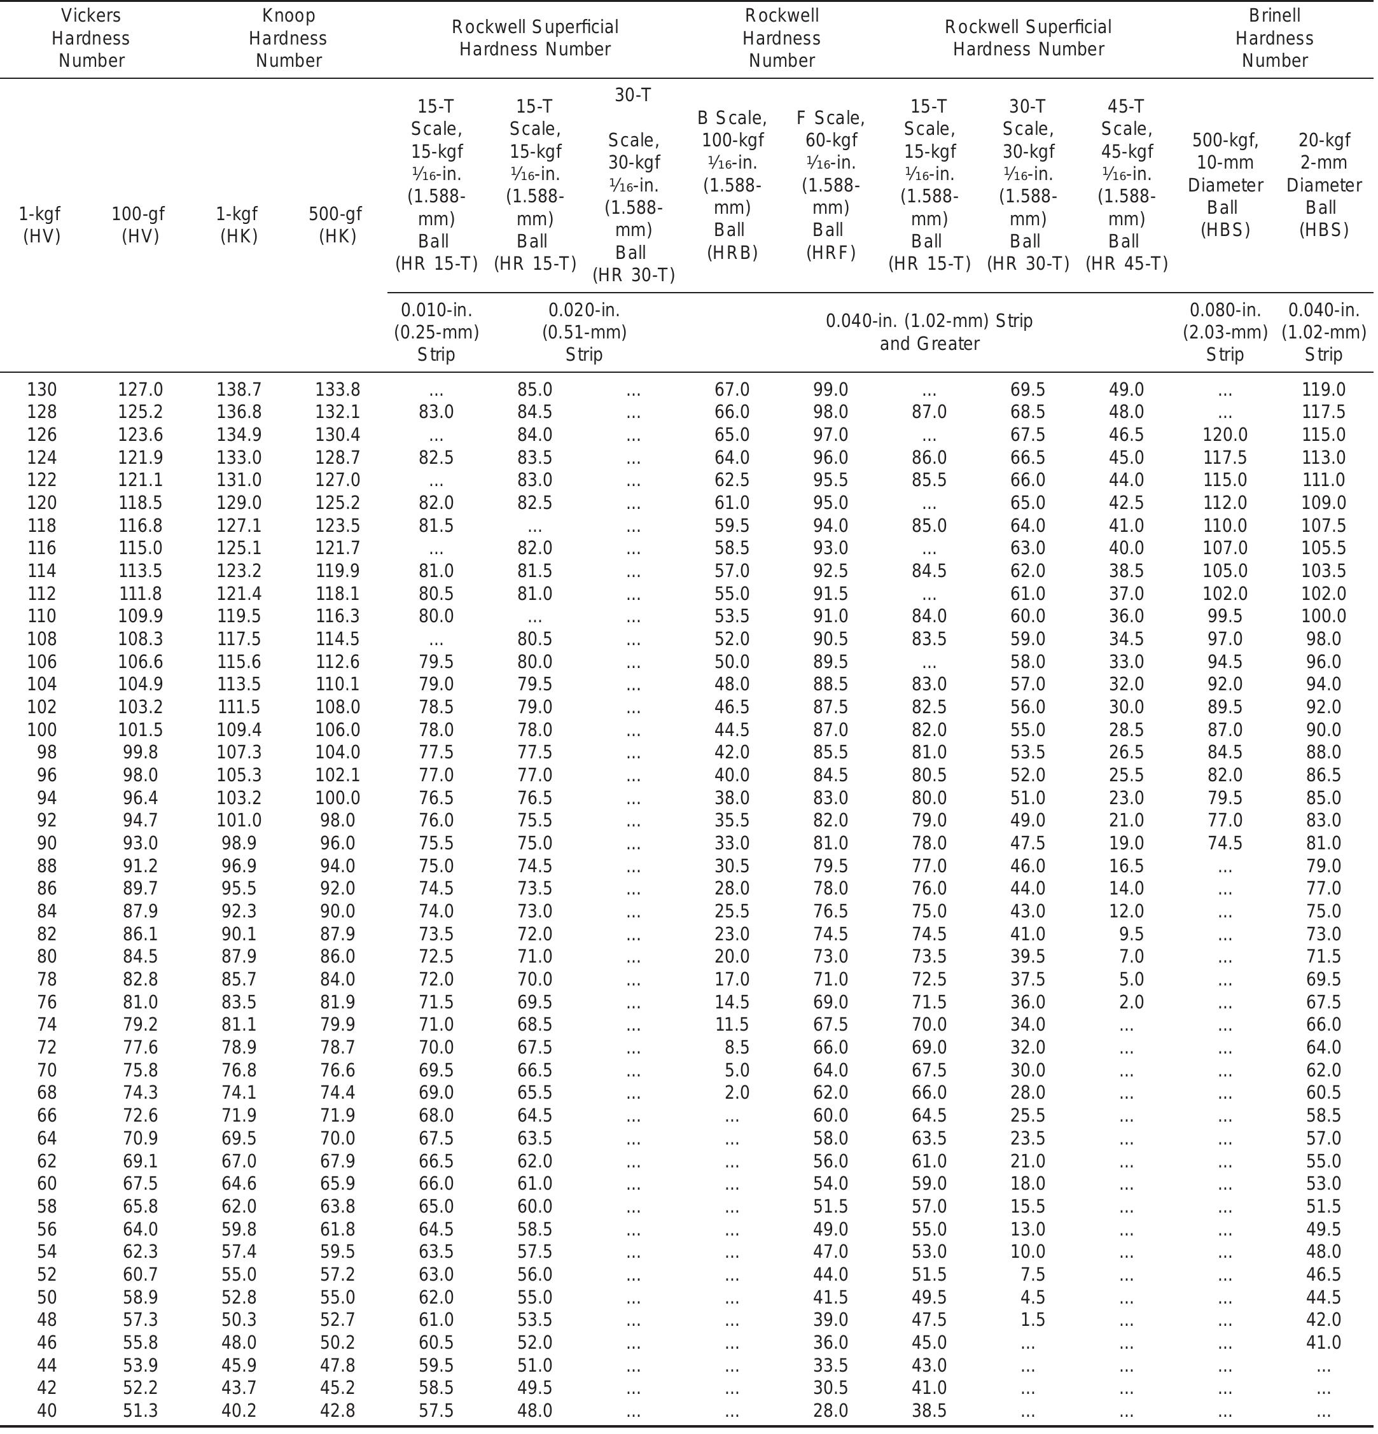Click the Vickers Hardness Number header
[91, 38]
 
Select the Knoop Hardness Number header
[288, 38]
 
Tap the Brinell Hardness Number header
[1274, 38]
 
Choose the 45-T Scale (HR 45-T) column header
[1126, 185]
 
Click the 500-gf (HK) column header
[337, 225]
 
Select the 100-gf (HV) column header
[139, 225]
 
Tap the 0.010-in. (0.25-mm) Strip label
[436, 332]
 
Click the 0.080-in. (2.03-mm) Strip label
[1225, 332]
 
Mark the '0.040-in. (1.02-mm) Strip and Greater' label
[929, 332]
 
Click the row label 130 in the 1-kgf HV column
[42, 390]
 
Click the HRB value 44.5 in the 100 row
[732, 730]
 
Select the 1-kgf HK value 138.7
[239, 390]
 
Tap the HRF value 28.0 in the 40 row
[831, 1410]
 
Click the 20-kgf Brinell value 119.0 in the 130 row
[1323, 390]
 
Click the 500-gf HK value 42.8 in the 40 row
[337, 1410]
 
